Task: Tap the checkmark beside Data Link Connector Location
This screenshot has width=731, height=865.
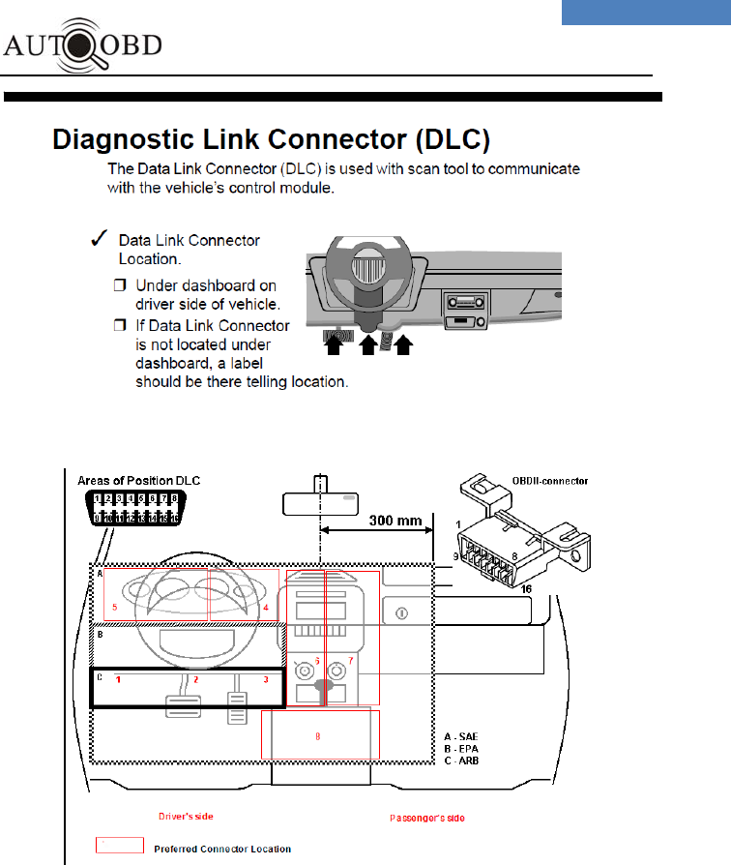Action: [96, 239]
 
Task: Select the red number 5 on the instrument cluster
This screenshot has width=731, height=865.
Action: [114, 608]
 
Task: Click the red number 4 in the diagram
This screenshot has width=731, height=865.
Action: [264, 608]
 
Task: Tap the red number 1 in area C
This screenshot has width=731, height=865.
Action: [118, 680]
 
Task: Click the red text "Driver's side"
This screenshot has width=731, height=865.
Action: [185, 817]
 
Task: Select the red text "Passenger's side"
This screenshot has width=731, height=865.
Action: [426, 818]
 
